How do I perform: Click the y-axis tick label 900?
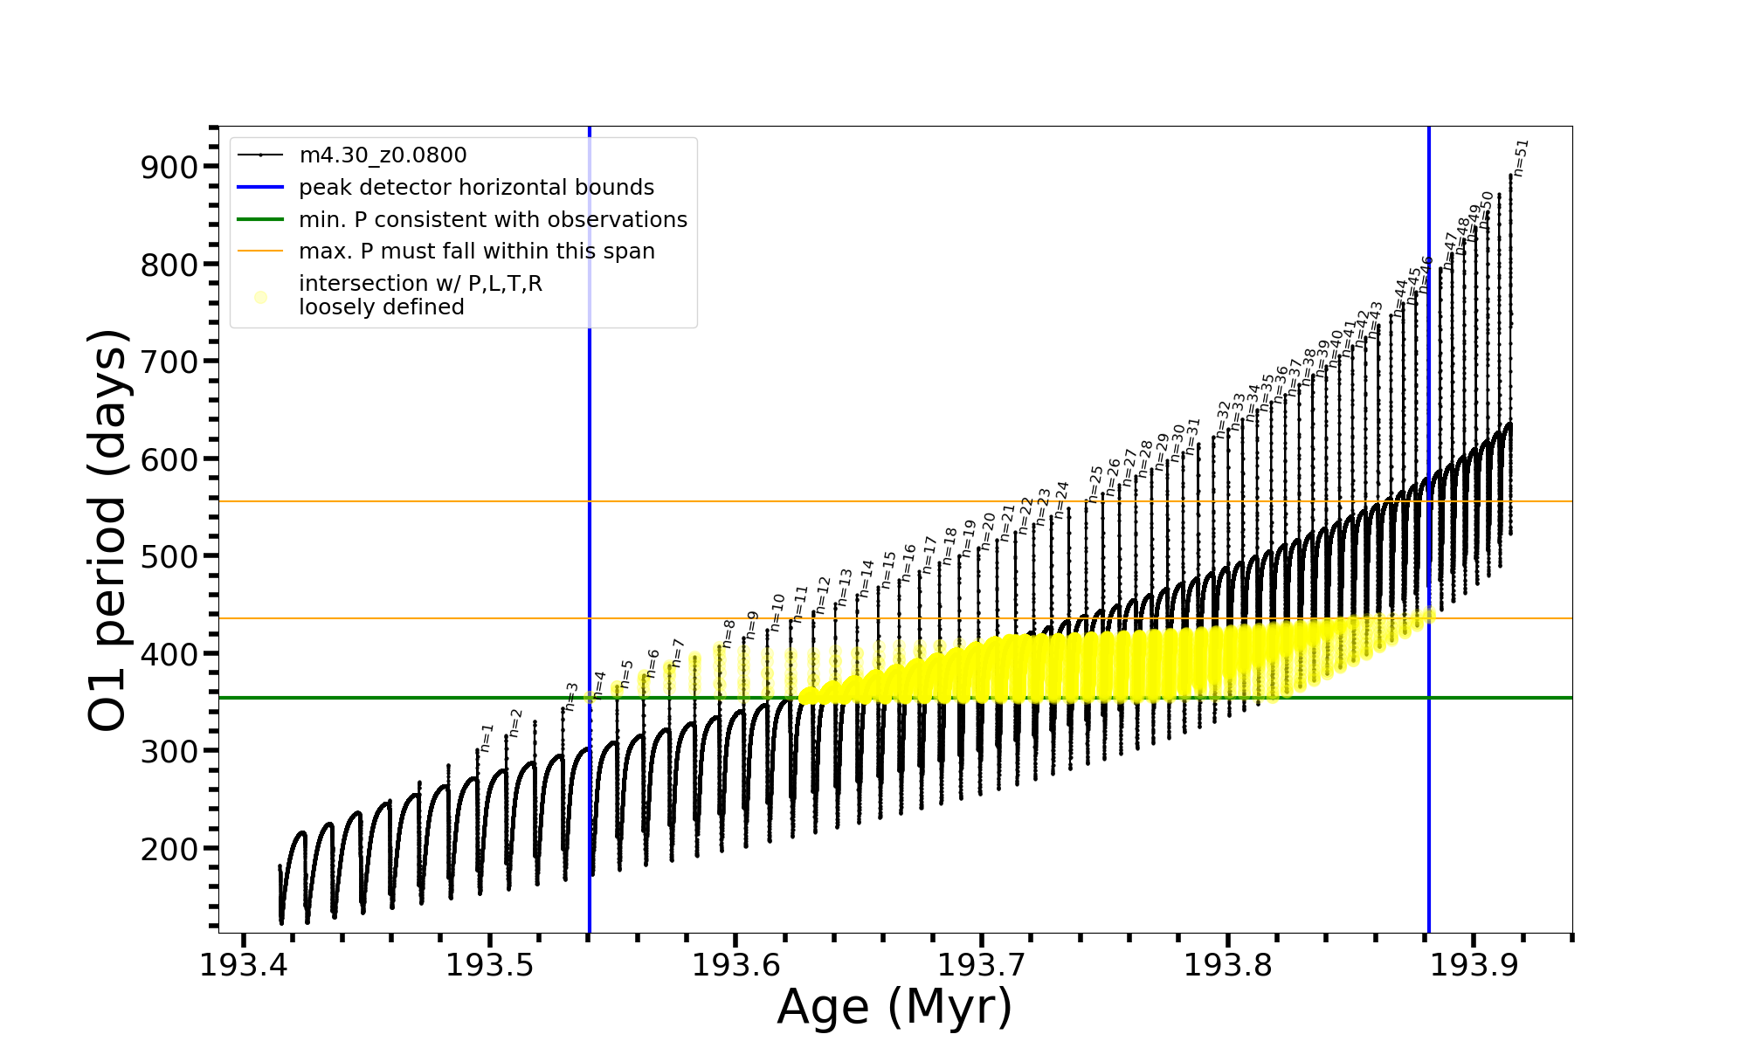(x=168, y=167)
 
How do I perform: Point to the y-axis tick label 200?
(x=168, y=848)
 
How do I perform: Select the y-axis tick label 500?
(x=168, y=556)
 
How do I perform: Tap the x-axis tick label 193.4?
(x=244, y=965)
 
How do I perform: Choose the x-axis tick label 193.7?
(x=982, y=965)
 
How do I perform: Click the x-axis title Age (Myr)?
(x=894, y=1006)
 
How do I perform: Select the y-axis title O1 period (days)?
(x=108, y=530)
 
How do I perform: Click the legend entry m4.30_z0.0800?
(x=383, y=155)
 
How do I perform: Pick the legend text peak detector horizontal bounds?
(x=476, y=188)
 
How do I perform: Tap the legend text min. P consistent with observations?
(x=493, y=219)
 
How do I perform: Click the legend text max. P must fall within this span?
(x=476, y=252)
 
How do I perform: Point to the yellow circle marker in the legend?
(x=260, y=297)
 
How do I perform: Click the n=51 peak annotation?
(x=1521, y=158)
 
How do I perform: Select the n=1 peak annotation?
(x=487, y=738)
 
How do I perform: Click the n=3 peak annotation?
(x=571, y=696)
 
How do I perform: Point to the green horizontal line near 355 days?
(x=873, y=698)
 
